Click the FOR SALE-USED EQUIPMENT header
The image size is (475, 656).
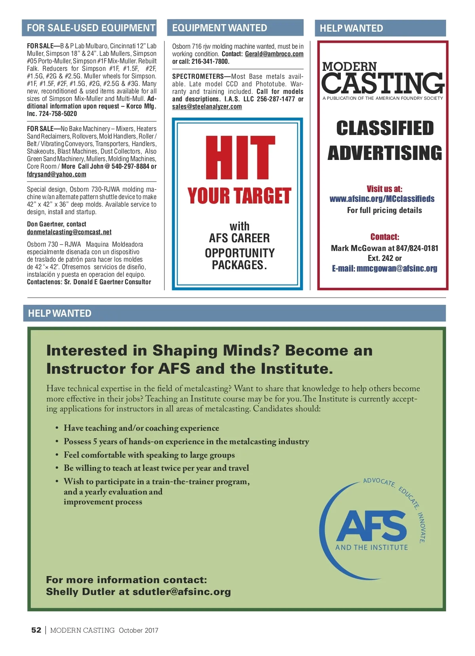pos(91,28)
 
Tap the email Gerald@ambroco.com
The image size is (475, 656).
pos(274,54)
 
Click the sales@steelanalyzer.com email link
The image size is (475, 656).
pos(207,106)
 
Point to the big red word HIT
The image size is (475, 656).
pos(239,158)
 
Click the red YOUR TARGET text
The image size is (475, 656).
pos(239,196)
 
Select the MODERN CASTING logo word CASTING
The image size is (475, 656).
pos(382,83)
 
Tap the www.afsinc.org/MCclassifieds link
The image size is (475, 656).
pos(382,199)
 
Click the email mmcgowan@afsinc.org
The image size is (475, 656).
pos(397,268)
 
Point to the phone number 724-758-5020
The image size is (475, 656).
pos(58,114)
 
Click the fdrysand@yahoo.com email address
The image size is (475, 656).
pos(56,174)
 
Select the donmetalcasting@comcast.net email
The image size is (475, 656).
pos(69,232)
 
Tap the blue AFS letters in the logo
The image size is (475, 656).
pos(371,526)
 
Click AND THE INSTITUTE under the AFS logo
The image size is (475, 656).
pos(371,548)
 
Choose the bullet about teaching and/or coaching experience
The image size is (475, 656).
pos(141,428)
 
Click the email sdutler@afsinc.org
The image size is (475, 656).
pos(182,592)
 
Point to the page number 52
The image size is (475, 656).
pos(36,630)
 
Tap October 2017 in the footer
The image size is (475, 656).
pos(138,630)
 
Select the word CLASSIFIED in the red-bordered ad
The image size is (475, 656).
pos(385,128)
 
